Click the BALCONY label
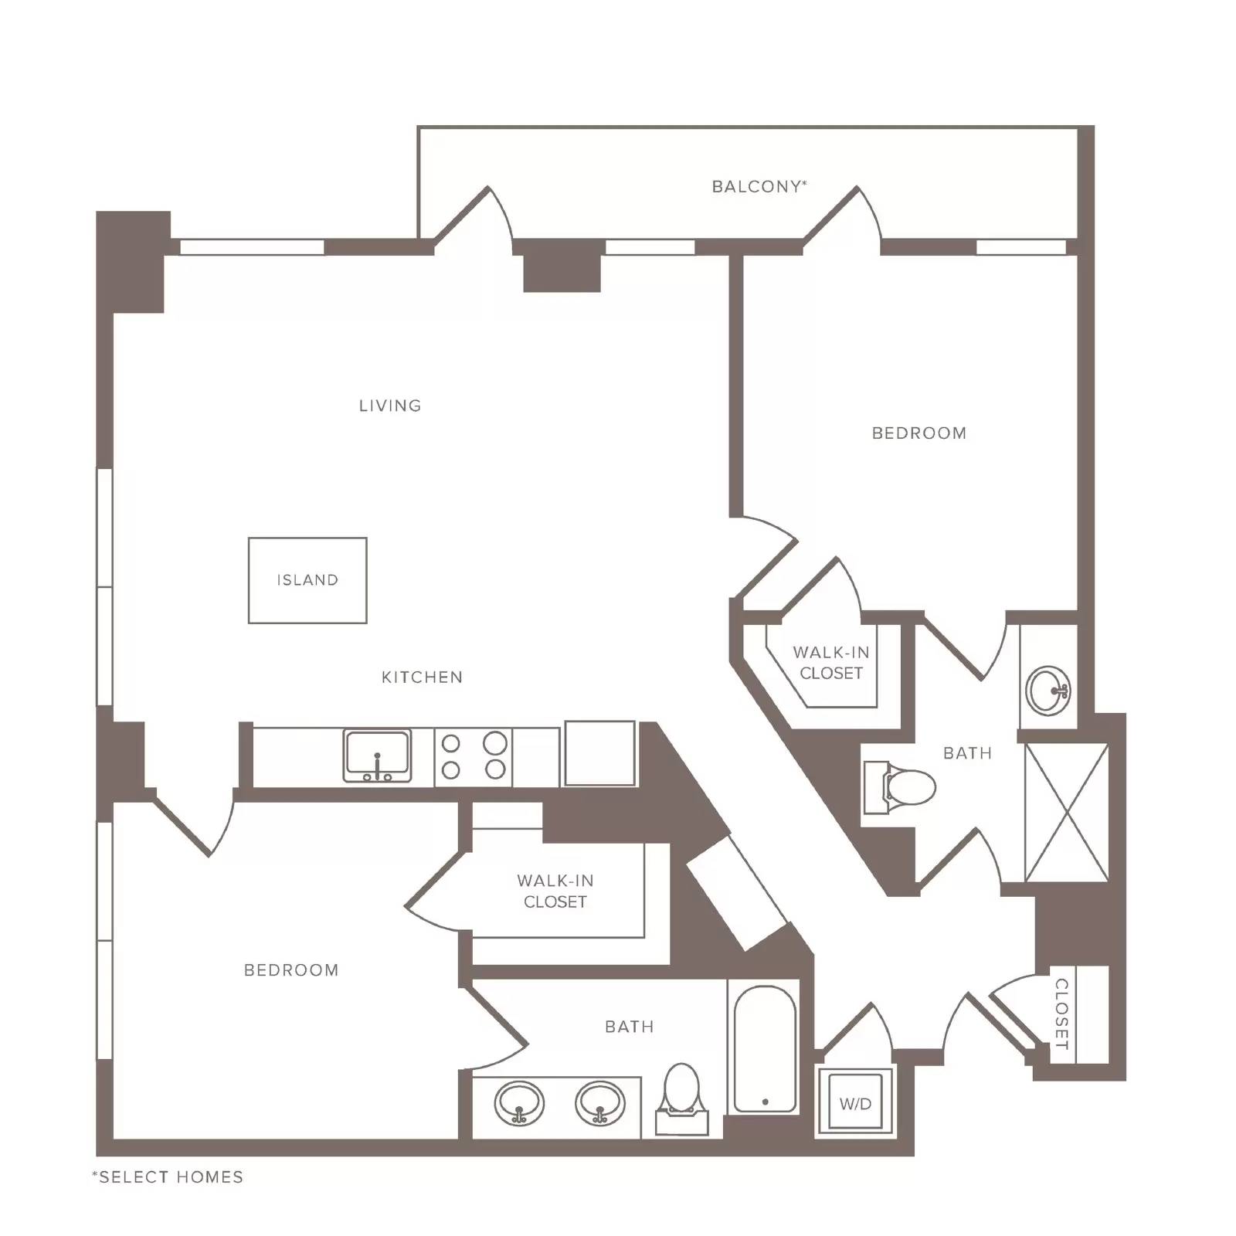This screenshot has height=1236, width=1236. point(759,186)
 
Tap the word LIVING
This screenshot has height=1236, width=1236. point(390,406)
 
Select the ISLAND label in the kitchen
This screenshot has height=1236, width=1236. point(307,580)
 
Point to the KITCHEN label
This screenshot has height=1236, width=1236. point(422,677)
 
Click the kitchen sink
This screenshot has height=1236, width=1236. point(377,756)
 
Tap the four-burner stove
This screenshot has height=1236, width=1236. point(473,757)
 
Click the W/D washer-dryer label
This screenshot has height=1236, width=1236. point(855,1104)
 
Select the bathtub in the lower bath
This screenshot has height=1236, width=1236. point(765,1049)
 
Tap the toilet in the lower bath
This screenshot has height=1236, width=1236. point(681,1098)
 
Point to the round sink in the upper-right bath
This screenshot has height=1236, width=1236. point(1048,691)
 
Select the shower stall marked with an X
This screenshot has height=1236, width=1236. point(1066,813)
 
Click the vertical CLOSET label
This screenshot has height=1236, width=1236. point(1061,1014)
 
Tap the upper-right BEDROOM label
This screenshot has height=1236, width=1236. point(919,433)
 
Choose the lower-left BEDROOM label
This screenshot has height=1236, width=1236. point(291,970)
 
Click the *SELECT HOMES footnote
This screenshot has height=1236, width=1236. point(168,1177)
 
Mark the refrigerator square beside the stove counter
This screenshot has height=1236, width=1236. point(600,754)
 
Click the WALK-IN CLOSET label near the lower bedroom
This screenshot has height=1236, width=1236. point(555,891)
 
